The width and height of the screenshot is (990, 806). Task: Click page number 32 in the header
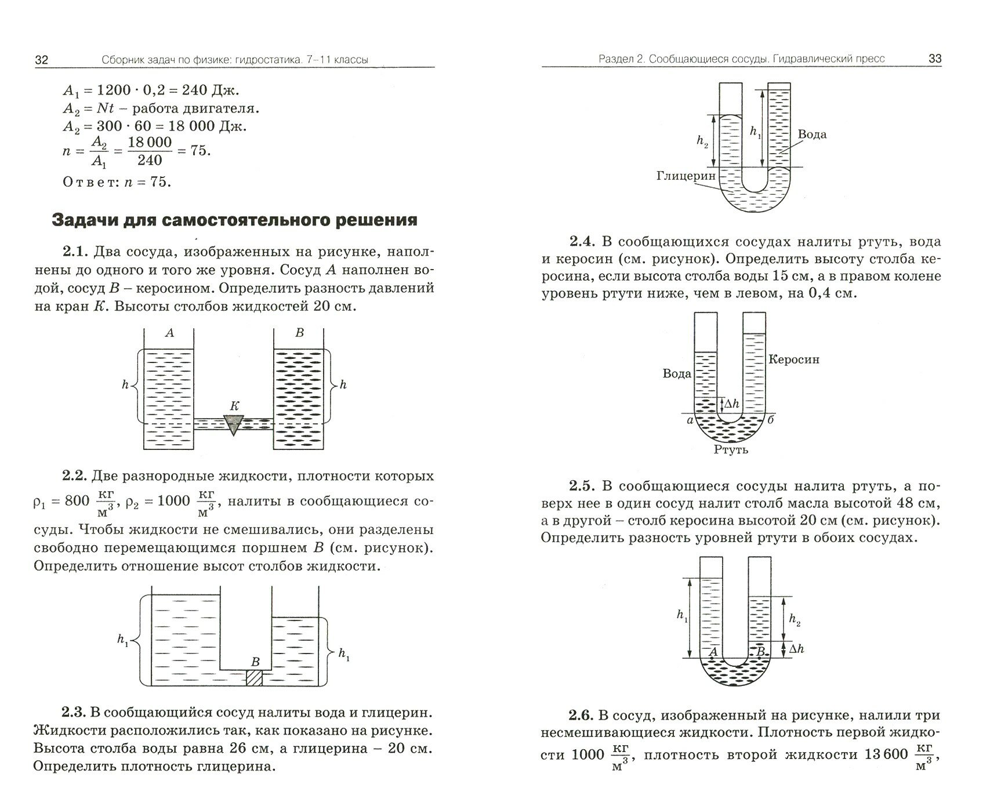(x=42, y=60)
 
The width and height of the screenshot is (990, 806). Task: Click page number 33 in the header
(x=935, y=59)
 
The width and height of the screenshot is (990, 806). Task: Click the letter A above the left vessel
(x=169, y=333)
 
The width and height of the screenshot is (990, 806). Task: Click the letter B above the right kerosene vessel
(x=299, y=333)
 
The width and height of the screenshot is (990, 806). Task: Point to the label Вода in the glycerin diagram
(x=812, y=135)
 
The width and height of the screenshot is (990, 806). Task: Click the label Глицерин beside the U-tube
(x=687, y=175)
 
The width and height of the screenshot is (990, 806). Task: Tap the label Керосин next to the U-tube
(x=794, y=360)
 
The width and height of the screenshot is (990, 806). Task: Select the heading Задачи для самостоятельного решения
(x=234, y=220)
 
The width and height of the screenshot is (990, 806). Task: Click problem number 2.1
(x=75, y=253)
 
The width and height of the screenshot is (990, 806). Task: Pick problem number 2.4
(x=581, y=242)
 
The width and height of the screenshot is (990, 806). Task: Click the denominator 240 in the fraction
(x=150, y=160)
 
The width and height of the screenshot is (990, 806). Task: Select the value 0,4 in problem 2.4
(x=819, y=293)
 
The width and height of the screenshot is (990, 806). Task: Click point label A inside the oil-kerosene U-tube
(x=713, y=652)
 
